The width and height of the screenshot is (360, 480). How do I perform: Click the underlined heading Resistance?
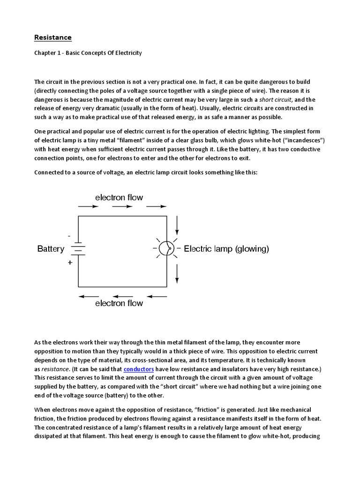click(53, 37)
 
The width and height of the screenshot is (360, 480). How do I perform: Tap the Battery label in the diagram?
click(51, 249)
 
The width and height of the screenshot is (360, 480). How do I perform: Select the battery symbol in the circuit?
click(78, 249)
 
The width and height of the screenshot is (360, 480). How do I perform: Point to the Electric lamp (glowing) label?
click(226, 249)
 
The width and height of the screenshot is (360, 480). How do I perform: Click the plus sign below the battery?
click(70, 263)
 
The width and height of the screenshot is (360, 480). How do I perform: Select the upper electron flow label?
click(119, 197)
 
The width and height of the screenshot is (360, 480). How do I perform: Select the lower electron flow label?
click(119, 303)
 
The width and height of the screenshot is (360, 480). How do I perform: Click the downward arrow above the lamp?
click(177, 225)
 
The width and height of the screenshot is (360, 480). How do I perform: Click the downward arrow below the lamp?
click(177, 272)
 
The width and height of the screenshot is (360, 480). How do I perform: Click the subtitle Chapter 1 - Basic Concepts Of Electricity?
click(88, 53)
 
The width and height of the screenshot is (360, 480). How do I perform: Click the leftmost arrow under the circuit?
click(89, 296)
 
